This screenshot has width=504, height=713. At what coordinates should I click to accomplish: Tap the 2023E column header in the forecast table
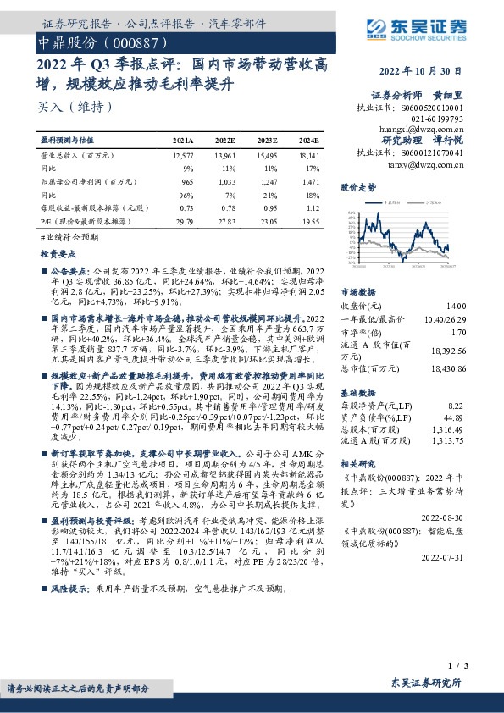click(266, 140)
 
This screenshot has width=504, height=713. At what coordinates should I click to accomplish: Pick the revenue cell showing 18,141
click(308, 157)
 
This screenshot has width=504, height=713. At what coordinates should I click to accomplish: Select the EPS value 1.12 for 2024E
click(312, 207)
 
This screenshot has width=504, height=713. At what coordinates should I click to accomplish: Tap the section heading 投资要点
click(58, 253)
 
